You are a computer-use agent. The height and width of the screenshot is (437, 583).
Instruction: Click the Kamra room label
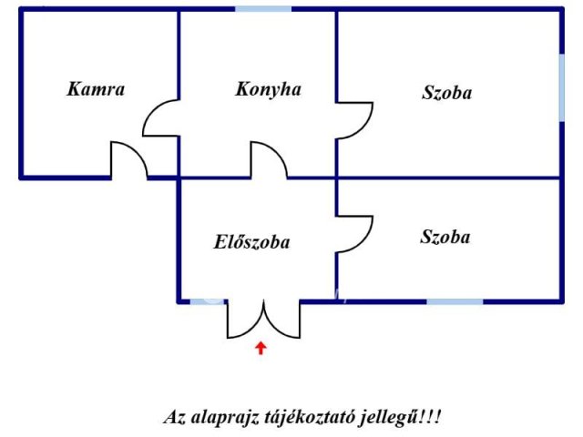click(x=96, y=89)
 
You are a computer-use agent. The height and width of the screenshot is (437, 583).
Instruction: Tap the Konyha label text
click(x=268, y=90)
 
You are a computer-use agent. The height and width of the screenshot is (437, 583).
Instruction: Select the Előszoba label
click(x=251, y=242)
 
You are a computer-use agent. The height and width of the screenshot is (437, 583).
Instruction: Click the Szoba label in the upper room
click(x=447, y=93)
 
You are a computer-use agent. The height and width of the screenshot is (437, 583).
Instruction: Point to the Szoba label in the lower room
click(x=445, y=237)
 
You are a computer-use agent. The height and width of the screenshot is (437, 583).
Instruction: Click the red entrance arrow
click(x=261, y=348)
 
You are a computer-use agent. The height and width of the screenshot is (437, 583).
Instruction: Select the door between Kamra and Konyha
click(x=161, y=117)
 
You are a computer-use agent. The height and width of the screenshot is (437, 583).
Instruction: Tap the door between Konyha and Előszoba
click(x=269, y=160)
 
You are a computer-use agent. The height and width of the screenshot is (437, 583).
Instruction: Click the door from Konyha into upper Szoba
click(x=354, y=121)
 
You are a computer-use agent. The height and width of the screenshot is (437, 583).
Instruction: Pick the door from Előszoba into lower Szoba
click(x=354, y=234)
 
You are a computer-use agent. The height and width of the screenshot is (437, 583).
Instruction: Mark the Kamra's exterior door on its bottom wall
click(x=129, y=160)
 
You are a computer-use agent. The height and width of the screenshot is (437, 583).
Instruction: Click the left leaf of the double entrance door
click(x=245, y=319)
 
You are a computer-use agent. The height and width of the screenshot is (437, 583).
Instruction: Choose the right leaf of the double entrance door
click(x=281, y=319)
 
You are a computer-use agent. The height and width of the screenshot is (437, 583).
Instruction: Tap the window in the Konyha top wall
click(x=263, y=9)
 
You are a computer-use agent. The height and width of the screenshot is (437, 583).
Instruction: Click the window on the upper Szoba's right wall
click(x=562, y=87)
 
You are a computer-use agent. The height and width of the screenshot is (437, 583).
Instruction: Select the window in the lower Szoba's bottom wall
click(x=455, y=301)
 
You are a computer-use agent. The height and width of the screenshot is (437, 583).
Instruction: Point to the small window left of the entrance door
click(x=207, y=301)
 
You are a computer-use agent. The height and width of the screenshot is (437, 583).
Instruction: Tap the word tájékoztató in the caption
click(x=310, y=418)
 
